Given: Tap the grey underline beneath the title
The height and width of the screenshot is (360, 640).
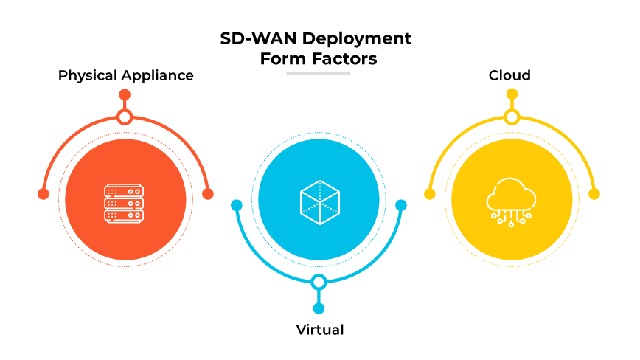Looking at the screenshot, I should tap(319, 73).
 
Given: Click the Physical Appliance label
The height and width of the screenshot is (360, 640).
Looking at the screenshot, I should tap(126, 75).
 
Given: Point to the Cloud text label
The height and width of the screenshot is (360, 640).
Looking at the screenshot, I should tap(509, 75).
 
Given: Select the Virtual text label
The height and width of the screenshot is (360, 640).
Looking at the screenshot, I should tap(319, 329).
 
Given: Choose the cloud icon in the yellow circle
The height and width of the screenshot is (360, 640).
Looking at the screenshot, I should tap(512, 201).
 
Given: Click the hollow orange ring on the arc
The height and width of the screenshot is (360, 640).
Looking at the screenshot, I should tap(125, 117).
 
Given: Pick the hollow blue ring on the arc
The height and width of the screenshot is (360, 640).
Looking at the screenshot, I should tap(319, 282).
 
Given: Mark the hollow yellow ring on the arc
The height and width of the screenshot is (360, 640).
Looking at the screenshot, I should tap(512, 117).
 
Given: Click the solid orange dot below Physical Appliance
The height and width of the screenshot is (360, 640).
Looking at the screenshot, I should tap(125, 94).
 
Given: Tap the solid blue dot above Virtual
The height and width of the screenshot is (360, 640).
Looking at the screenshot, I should tap(319, 308).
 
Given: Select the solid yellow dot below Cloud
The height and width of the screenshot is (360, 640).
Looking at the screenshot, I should tap(512, 94).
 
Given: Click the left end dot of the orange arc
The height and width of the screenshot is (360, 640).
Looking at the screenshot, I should tap(43, 194).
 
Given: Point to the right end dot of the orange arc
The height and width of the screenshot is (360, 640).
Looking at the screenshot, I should tap(208, 194).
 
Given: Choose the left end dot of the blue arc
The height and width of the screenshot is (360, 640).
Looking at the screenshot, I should tap(237, 205).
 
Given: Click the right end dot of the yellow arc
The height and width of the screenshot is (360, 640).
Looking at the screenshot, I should tap(594, 194).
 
